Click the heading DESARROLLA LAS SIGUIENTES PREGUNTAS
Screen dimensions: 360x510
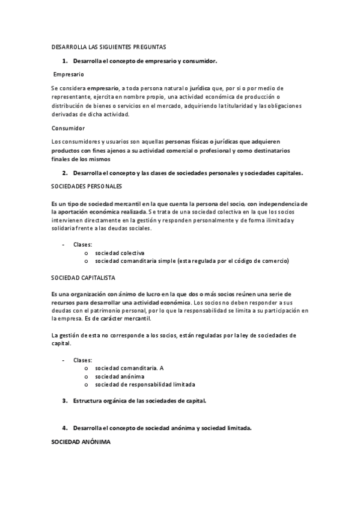click(x=108, y=46)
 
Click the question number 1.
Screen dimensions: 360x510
click(x=64, y=61)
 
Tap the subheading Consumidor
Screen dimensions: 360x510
click(x=68, y=127)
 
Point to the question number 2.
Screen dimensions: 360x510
click(x=64, y=173)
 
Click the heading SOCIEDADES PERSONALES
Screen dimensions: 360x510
click(x=87, y=186)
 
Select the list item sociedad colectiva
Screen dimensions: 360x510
click(x=120, y=253)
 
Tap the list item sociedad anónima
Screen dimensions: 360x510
click(x=120, y=376)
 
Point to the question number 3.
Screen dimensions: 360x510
click(x=64, y=400)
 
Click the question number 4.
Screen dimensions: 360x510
click(x=64, y=428)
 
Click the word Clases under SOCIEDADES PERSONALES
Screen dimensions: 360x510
click(x=83, y=245)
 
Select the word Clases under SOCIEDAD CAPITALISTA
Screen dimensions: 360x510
click(x=83, y=360)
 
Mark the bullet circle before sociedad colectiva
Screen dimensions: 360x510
click(x=87, y=253)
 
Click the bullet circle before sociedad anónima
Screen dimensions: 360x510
click(x=87, y=376)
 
